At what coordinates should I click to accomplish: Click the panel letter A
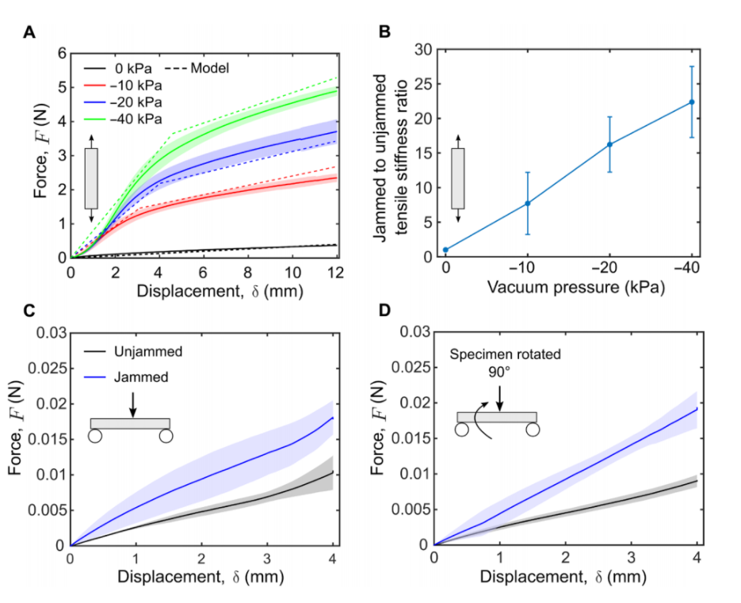point(30,32)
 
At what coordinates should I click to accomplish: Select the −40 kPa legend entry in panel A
point(143,119)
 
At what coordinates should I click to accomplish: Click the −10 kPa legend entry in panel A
point(143,85)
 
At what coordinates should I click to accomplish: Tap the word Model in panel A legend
point(210,68)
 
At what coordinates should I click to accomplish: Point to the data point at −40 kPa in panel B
point(692,101)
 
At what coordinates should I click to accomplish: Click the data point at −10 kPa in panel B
point(528,204)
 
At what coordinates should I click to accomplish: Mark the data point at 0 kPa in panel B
point(446,250)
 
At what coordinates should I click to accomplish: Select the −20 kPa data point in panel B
point(609,144)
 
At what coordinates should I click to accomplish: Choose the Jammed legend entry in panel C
point(146,378)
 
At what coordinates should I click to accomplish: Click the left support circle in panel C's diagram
point(95,435)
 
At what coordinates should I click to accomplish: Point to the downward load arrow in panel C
point(132,403)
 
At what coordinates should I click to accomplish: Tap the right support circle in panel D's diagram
point(532,429)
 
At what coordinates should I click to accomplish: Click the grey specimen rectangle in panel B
point(458,178)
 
